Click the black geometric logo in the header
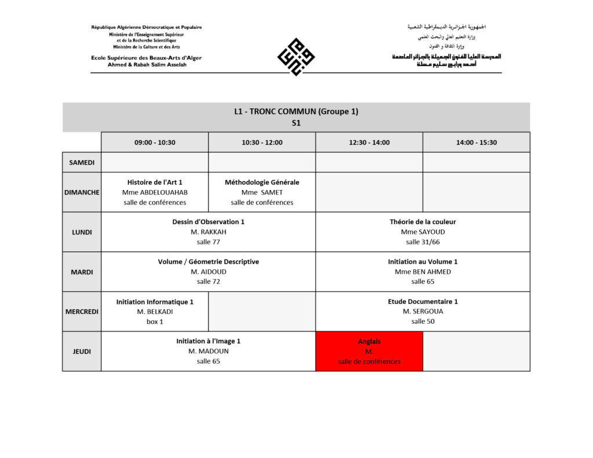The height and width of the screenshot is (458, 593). pos(296,57)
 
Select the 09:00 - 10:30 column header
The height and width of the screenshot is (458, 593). pos(155,142)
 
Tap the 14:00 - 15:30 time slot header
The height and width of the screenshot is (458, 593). pos(476,142)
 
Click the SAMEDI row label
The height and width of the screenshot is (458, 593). pos(82,163)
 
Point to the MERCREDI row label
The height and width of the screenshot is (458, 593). pos(82,312)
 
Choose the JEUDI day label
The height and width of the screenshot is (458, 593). pos(82,351)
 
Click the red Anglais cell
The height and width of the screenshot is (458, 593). pos(369,351)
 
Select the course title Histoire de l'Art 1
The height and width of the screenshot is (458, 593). pos(155,182)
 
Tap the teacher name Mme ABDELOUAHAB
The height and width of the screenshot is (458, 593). pos(155,192)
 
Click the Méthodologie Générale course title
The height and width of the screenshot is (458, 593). pos(262,182)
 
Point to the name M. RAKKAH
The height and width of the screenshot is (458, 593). pos(208,232)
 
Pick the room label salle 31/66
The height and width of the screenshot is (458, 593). pos(423,242)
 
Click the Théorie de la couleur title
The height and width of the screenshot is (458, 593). pos(423,222)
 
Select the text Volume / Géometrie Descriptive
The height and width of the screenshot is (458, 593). pos(208,262)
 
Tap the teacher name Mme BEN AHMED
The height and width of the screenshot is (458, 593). pos(423,272)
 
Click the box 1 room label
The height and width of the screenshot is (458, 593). pos(155,321)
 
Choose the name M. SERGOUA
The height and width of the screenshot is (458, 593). pos(423,312)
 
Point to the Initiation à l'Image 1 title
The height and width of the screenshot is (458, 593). pos(208,341)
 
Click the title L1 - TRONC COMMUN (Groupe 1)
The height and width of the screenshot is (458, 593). pos(296,112)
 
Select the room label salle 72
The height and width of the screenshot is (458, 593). pos(208,281)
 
